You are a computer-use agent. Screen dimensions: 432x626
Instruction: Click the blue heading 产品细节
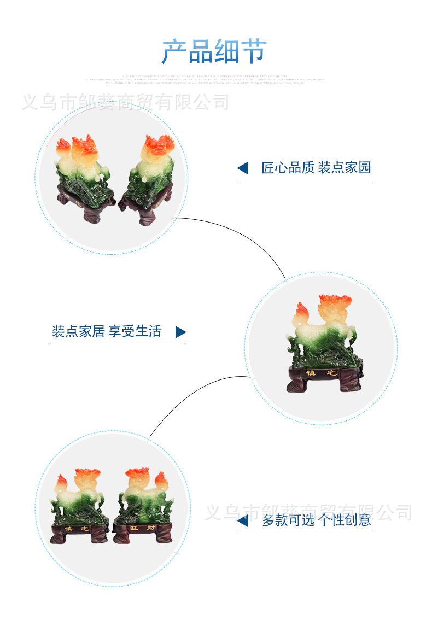[x=214, y=52]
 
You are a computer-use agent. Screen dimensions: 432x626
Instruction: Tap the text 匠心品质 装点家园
[x=316, y=168]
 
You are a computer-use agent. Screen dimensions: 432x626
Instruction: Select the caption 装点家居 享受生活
[x=107, y=331]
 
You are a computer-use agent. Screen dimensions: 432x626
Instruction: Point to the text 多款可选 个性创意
[x=316, y=520]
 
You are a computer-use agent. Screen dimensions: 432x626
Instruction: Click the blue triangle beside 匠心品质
[x=242, y=168]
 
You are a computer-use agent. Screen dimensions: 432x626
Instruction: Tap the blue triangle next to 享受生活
[x=180, y=332]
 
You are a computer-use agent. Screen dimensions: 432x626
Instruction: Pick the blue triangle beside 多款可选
[x=242, y=520]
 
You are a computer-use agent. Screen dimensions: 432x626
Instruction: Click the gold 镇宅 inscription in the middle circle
[x=320, y=373]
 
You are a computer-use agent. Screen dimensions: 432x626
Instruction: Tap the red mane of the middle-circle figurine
[x=335, y=303]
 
